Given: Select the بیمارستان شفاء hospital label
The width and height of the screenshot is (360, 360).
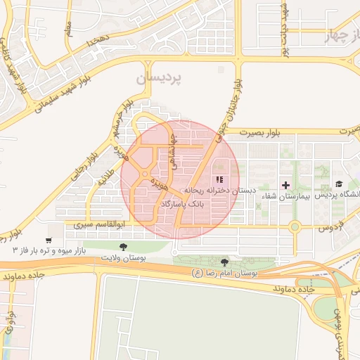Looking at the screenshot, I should tap(285, 196).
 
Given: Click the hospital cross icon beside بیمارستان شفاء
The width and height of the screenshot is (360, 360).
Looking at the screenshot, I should tap(285, 185).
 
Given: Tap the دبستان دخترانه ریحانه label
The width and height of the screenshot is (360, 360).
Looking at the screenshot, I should tap(221, 191).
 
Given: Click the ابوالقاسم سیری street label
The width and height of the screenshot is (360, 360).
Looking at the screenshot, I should tap(98, 226).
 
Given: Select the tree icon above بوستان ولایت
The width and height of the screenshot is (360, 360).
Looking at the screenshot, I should tap(124, 247).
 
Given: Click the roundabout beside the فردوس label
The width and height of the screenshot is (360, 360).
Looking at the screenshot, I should tap(295, 226).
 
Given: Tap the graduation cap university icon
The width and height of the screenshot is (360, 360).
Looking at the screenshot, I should tap(339, 184).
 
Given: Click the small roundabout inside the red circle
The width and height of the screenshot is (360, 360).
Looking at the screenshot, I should tap(144, 174).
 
